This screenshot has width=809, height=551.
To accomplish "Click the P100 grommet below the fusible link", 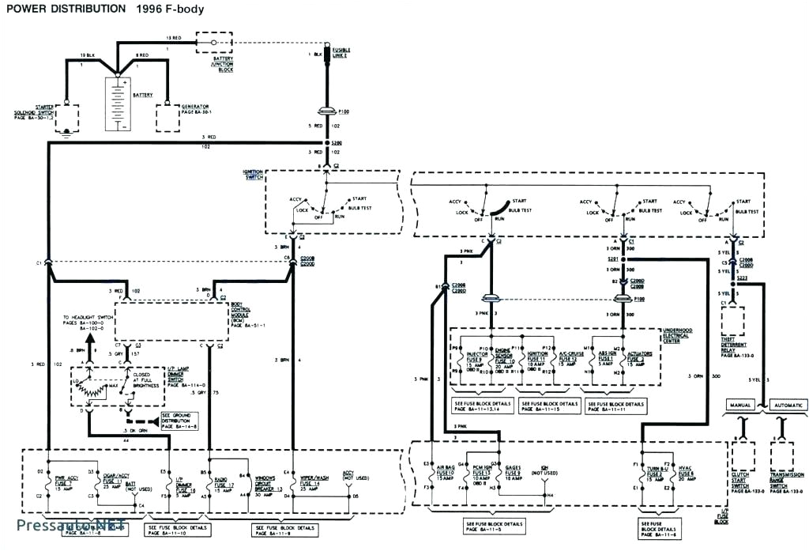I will click(x=327, y=111).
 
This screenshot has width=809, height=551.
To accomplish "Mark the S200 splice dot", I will click(x=327, y=145).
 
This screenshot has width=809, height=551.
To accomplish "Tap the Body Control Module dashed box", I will click(x=171, y=320).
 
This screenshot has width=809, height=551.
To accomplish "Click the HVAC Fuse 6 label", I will click(x=685, y=475).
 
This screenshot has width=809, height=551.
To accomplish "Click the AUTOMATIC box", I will click(x=787, y=405).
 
